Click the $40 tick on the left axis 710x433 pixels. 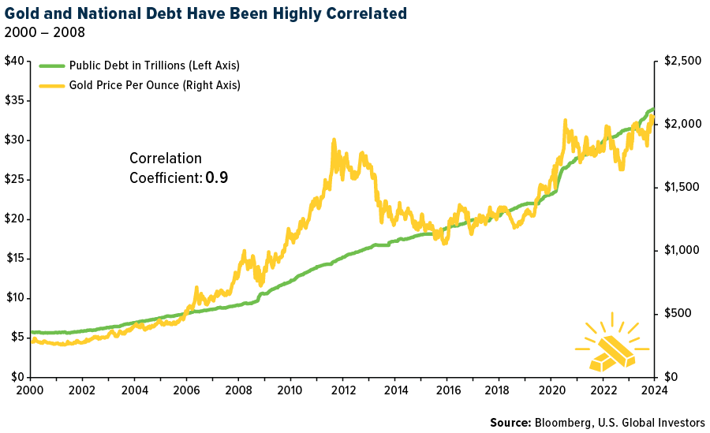click(13, 62)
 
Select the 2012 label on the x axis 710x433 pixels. click(342, 390)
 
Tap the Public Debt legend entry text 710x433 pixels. click(154, 65)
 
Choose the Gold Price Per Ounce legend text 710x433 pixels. click(155, 84)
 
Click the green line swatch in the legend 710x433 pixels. click(51, 65)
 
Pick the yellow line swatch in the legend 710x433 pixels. click(51, 84)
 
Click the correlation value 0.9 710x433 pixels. click(217, 178)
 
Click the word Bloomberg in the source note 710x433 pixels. click(565, 423)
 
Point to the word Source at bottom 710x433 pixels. click(510, 423)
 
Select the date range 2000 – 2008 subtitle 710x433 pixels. click(45, 32)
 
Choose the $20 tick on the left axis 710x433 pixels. click(13, 218)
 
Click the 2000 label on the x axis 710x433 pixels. click(30, 390)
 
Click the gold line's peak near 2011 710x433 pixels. click(334, 140)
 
